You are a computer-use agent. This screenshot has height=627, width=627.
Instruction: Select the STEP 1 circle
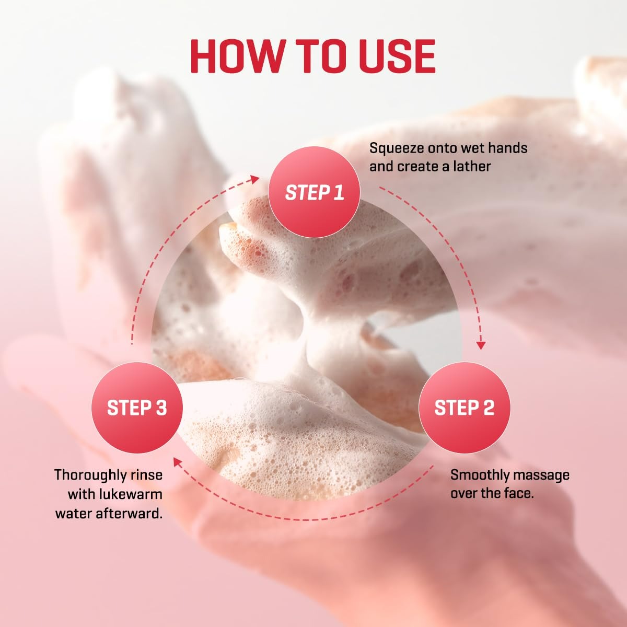pos(314,193)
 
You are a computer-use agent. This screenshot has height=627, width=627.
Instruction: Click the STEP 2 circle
pos(465,408)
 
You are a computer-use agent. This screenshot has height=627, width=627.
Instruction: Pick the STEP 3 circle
pos(137,408)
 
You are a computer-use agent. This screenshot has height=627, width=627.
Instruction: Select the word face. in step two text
pos(518,494)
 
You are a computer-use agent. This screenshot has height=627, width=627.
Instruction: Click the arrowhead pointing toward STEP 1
pos(255,179)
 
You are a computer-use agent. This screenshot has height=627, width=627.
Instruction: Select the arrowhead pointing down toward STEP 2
pos(481,345)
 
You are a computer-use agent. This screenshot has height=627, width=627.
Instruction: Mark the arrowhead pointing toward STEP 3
pos(178,462)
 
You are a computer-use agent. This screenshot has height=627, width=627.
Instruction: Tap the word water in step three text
pos(74,514)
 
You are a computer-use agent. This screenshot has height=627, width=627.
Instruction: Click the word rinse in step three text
pos(147,475)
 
